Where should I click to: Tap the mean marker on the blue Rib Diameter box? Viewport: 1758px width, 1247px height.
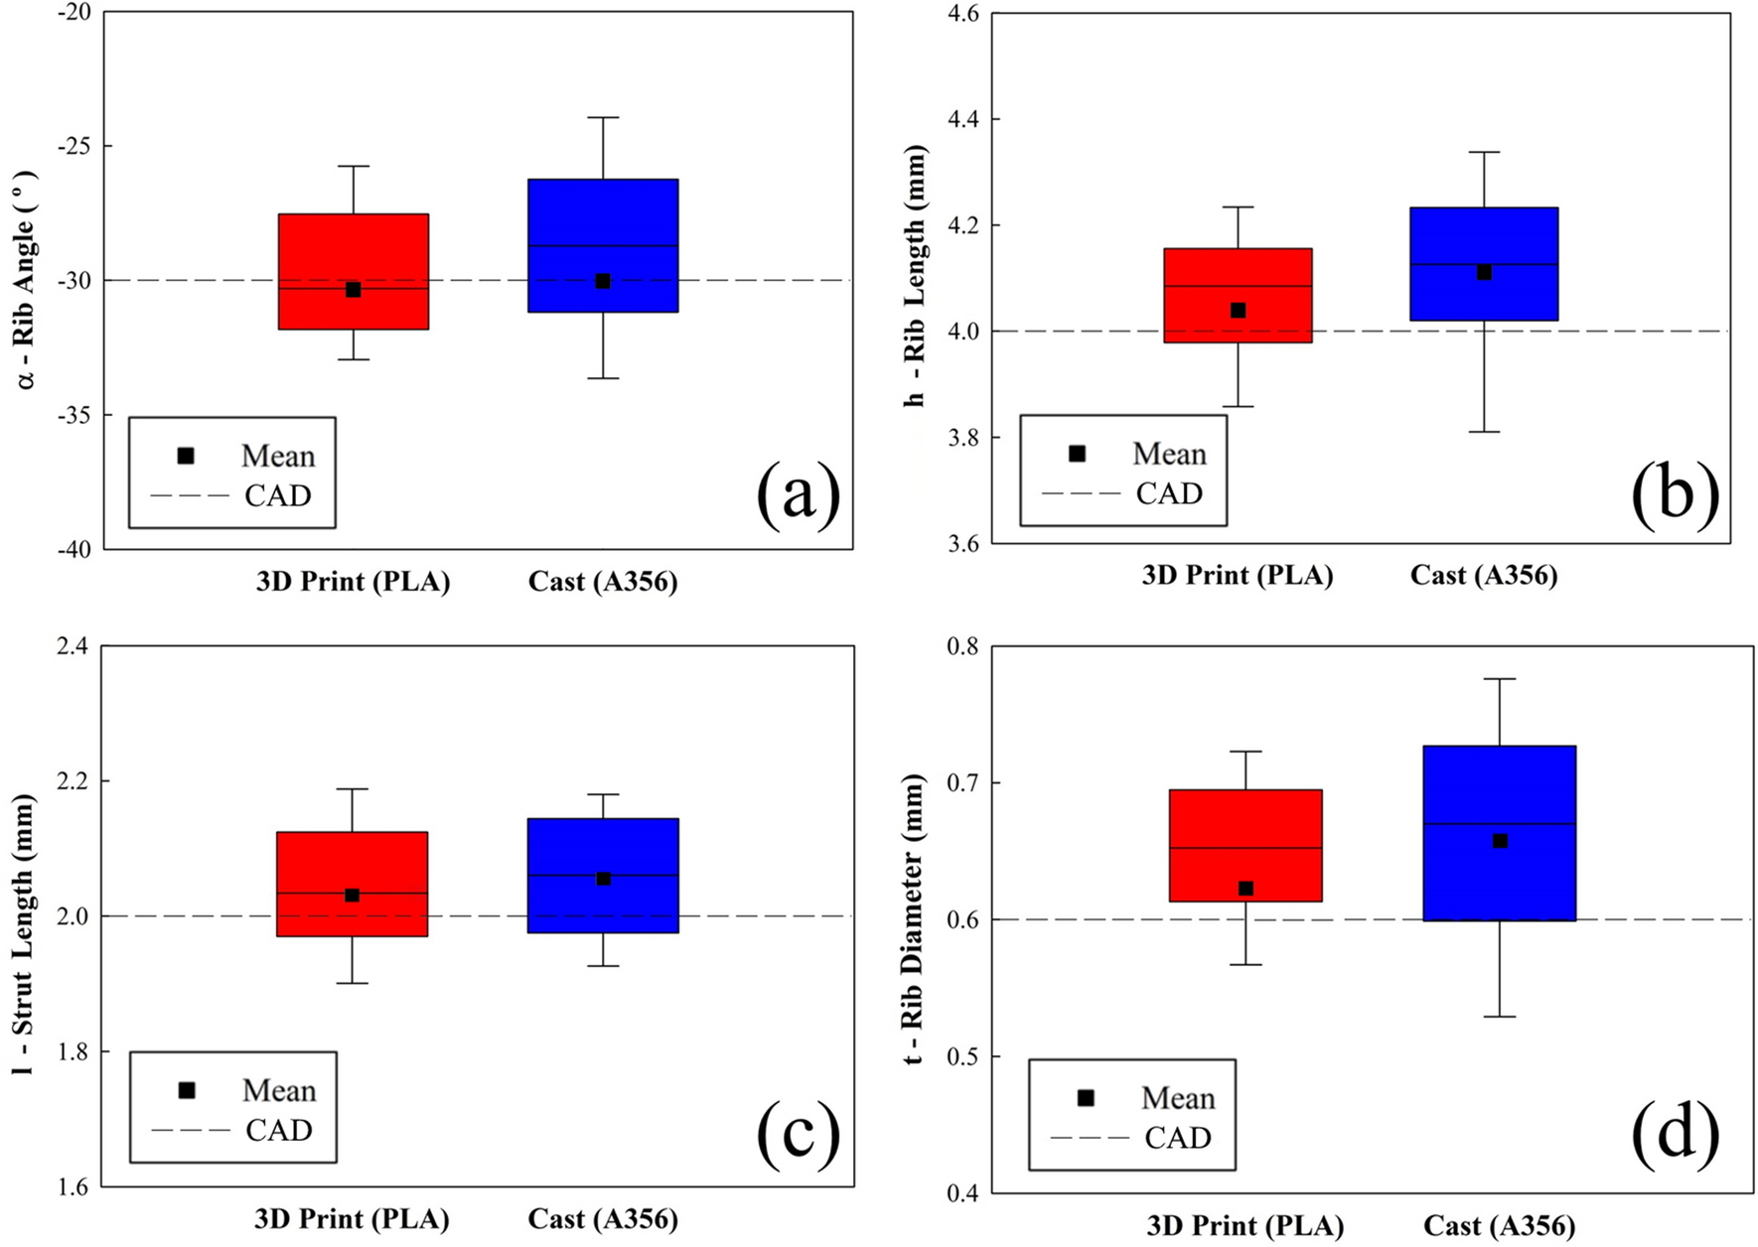[x=1500, y=841]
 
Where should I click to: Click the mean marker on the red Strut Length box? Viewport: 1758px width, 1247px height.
[x=353, y=896]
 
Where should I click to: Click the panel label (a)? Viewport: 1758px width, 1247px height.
[x=798, y=493]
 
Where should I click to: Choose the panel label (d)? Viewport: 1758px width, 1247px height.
[x=1675, y=1132]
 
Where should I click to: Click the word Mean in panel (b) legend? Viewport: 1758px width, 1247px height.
[x=1169, y=454]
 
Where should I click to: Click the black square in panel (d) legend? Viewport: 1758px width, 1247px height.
[x=1086, y=1098]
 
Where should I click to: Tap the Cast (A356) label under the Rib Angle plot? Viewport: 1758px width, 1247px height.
[x=603, y=581]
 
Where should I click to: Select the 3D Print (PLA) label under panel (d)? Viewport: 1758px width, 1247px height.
[x=1245, y=1225]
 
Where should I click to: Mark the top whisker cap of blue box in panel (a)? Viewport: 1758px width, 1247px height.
[x=603, y=117]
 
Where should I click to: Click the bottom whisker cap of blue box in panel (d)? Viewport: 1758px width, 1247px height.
[x=1500, y=1017]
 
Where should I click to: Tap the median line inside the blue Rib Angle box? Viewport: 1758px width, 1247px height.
[x=603, y=245]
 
